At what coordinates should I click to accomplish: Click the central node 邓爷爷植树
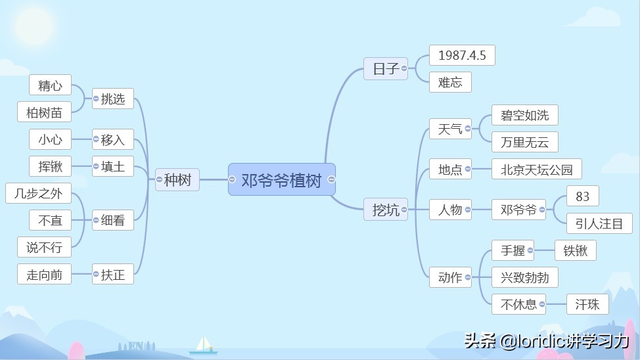coord(282,179)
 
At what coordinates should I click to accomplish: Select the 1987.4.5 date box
coord(462,55)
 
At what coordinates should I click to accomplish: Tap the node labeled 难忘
coord(450,82)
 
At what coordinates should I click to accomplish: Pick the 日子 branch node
coord(385,68)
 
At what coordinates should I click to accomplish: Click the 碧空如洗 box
coord(524,115)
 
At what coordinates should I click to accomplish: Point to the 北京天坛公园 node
coord(536,169)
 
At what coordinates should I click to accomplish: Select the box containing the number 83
coord(582,196)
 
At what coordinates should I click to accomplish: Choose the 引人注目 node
coord(599,223)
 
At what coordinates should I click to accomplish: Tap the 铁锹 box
coord(575,250)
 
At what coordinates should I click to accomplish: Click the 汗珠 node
coord(587,304)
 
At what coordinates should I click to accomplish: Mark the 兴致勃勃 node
coord(524,277)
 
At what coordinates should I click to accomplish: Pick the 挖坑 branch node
coord(385,210)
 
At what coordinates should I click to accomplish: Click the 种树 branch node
coord(177,179)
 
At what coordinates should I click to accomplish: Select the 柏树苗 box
coord(44,112)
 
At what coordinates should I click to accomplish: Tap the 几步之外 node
coord(38,193)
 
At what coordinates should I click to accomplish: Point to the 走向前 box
coord(44,275)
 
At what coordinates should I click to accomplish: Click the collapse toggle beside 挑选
coord(96,99)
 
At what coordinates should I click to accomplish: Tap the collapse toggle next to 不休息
coord(542,304)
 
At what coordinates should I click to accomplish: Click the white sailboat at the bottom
coord(203,345)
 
